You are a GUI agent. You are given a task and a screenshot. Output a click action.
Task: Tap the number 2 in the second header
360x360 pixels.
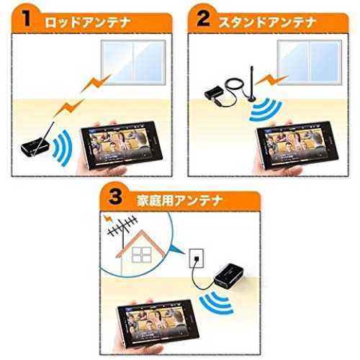click(203, 18)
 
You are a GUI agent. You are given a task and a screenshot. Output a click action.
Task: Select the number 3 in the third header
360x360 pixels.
click(115, 197)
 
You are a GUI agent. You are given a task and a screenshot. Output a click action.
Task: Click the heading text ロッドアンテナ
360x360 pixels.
click(88, 22)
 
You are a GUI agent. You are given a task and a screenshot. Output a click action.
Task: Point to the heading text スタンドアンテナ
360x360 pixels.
click(268, 22)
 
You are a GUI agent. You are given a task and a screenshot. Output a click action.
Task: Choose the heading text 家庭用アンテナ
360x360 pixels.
click(179, 200)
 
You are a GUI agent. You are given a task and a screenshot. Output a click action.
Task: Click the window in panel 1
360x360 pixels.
click(133, 63)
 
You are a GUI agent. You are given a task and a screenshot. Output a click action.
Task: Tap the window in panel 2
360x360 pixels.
click(310, 63)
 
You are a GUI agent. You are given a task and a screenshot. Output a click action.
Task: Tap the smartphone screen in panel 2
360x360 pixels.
click(297, 143)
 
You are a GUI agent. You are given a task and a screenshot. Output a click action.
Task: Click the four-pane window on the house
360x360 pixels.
click(142, 255)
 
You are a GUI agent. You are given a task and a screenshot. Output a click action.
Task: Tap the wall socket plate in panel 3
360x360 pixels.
click(197, 258)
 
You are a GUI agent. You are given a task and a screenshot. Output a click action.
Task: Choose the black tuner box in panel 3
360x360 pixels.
click(228, 275)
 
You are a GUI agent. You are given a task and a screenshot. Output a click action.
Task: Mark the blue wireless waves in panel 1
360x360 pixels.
click(63, 148)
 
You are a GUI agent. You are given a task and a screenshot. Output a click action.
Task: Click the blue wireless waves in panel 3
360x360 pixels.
click(216, 303)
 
